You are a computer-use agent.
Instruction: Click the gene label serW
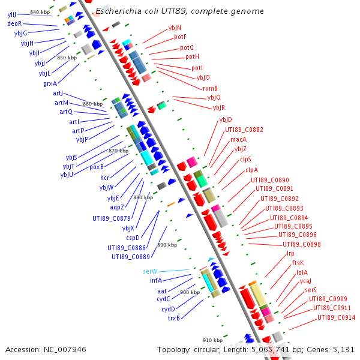150,271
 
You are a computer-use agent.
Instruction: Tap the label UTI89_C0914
336,317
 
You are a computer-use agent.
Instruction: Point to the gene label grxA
50,83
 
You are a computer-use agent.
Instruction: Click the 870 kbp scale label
118,151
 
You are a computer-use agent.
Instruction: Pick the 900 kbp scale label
190,292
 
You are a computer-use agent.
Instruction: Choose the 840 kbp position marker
40,12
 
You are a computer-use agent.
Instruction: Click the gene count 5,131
344,349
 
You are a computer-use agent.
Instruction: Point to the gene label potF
180,37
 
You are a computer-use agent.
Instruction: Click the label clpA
251,170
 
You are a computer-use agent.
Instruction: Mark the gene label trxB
173,318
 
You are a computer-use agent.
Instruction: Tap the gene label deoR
14,23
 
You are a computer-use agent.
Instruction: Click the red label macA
238,139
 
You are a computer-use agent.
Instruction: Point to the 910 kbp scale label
212,340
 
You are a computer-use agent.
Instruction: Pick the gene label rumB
210,88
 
